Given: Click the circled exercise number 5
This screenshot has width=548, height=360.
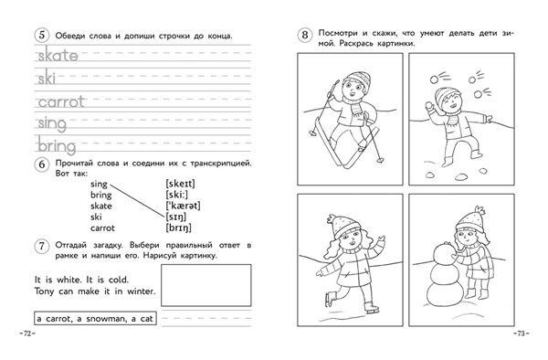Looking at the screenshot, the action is [x=42, y=36].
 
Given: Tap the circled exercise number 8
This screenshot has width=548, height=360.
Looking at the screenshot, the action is [x=304, y=35].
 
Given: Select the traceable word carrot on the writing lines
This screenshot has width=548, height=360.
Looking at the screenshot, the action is [x=61, y=101].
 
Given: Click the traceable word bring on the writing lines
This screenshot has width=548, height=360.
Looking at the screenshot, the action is [x=57, y=145].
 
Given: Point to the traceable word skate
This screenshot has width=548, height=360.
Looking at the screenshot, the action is [x=58, y=56].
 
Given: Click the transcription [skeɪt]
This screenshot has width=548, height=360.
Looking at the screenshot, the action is [x=180, y=184].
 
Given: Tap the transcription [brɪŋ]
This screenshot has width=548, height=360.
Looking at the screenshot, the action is [x=179, y=228].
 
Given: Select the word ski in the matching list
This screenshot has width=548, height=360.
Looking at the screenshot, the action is [x=96, y=217].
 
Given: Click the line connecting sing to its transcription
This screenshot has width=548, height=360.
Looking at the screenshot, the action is [x=137, y=200].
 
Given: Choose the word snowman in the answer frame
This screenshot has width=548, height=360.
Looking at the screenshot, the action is [x=106, y=319].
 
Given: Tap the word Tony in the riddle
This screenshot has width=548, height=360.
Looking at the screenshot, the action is [x=44, y=291].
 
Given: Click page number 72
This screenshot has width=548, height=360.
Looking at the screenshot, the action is [x=27, y=334].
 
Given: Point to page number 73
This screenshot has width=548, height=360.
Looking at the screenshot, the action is [x=522, y=334].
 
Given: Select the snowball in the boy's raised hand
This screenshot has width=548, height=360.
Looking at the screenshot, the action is [x=428, y=106].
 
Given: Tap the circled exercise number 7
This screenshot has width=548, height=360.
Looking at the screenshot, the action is [x=42, y=246].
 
